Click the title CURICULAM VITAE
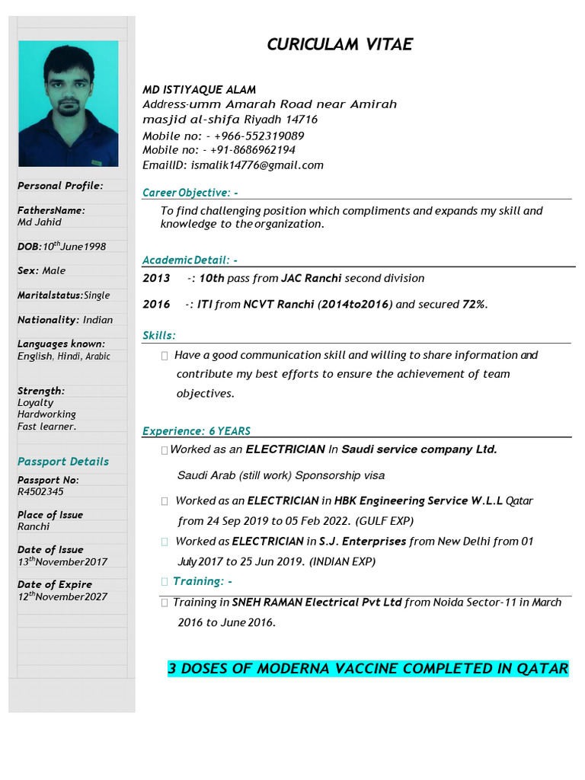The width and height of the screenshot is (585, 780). click(x=339, y=45)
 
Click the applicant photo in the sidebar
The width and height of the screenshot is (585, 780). click(x=69, y=104)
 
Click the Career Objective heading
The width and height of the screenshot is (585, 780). click(x=190, y=193)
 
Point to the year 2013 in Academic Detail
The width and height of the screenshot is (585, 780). click(x=156, y=278)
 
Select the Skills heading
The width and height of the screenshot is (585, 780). click(x=158, y=336)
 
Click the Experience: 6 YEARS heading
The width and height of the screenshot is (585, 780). click(x=197, y=431)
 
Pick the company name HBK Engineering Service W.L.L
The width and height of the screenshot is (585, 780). click(x=418, y=501)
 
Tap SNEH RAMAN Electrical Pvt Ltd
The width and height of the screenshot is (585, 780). click(x=317, y=603)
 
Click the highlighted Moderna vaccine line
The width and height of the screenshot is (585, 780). click(x=368, y=669)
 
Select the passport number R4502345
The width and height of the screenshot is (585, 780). click(x=40, y=492)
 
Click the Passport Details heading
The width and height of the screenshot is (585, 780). click(x=63, y=462)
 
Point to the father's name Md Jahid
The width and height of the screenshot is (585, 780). click(x=40, y=222)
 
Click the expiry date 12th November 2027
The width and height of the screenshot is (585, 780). click(x=62, y=597)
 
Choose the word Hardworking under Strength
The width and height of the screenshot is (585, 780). click(x=46, y=414)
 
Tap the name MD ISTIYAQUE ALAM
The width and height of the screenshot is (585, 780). click(x=200, y=90)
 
